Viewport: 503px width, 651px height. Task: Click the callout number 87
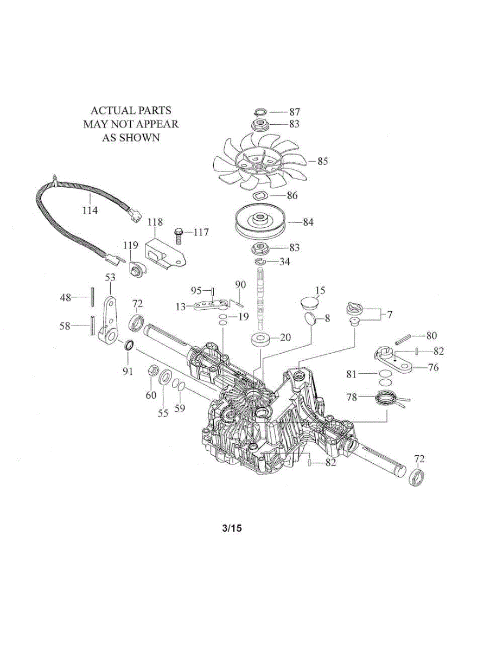[295, 112]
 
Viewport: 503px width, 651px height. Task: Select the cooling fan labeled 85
[260, 162]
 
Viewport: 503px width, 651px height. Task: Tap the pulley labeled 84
[260, 222]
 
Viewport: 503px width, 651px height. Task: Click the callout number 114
[90, 210]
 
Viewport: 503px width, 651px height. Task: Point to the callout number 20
[285, 337]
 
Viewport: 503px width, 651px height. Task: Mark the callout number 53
[110, 277]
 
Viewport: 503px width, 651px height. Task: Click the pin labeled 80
[403, 340]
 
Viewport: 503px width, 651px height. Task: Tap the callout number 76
[434, 367]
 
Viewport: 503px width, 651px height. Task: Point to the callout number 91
[128, 371]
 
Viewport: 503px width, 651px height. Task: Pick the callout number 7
[389, 315]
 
